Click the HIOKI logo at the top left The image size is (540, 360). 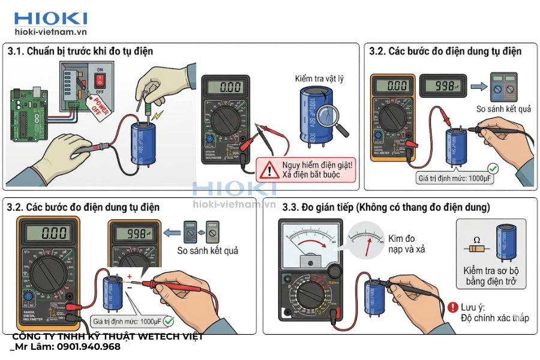click(51, 19)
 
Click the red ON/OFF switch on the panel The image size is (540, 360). click(101, 79)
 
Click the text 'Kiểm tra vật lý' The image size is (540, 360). click(319, 79)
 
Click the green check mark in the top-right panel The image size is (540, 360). click(493, 169)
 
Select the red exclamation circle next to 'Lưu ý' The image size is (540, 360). click(453, 307)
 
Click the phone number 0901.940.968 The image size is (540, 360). click(83, 347)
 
